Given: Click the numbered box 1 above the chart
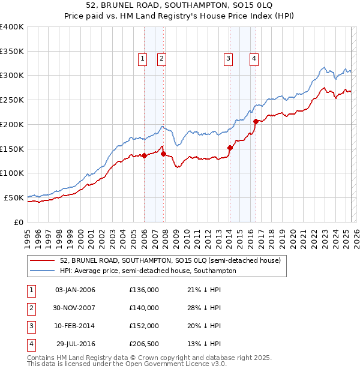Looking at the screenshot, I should click(143, 58).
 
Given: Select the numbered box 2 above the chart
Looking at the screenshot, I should click(162, 58).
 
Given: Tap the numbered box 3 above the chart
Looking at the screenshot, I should click(229, 58).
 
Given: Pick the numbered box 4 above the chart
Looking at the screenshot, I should click(254, 58).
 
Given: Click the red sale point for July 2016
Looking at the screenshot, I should click(256, 121).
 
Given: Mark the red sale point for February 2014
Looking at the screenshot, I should click(230, 148).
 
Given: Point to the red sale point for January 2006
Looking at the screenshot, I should click(144, 155).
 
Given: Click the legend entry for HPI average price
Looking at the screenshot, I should click(148, 271).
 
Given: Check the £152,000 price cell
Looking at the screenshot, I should click(143, 326).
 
